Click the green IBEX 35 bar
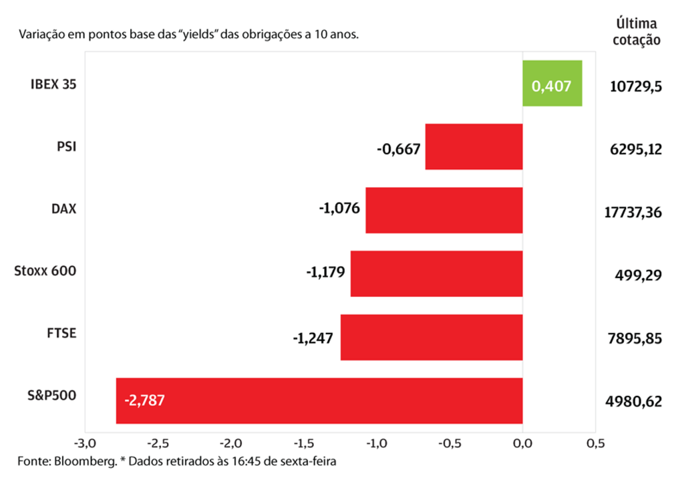click(x=552, y=84)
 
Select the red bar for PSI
click(x=474, y=146)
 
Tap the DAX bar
click(x=444, y=210)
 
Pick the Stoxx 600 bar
click(x=436, y=273)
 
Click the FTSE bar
click(x=432, y=337)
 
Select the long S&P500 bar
click(x=319, y=400)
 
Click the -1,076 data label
click(x=339, y=209)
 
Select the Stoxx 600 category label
click(x=45, y=271)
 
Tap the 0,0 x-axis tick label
click(x=522, y=443)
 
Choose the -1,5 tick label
click(x=303, y=443)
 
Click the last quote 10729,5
click(x=635, y=86)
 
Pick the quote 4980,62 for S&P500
click(x=635, y=402)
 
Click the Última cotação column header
click(x=637, y=31)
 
